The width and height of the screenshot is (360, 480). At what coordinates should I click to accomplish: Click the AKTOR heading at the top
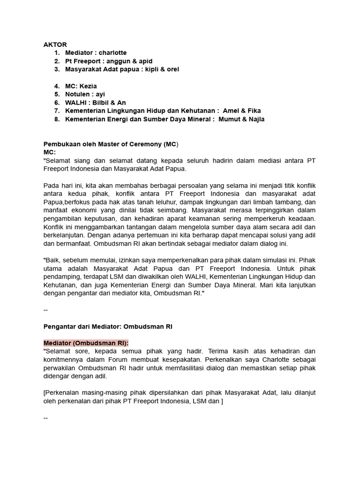pos(55,45)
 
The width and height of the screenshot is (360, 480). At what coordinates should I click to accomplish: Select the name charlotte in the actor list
pos(112,53)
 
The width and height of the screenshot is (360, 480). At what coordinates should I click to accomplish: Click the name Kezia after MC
pos(88,86)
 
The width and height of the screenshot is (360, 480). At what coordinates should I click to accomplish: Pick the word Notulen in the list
pos(77,94)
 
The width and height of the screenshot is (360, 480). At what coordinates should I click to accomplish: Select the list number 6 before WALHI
pos(57,103)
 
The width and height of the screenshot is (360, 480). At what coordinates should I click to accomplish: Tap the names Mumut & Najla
pos(241,119)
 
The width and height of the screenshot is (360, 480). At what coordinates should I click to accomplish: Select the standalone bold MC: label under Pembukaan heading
pos(50,152)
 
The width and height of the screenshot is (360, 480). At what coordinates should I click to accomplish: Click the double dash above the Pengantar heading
pos(45,310)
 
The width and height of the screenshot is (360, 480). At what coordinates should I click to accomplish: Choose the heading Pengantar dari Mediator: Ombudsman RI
pos(108,326)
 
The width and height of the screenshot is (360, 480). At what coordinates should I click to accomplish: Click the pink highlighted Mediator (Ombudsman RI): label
pos(86,343)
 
